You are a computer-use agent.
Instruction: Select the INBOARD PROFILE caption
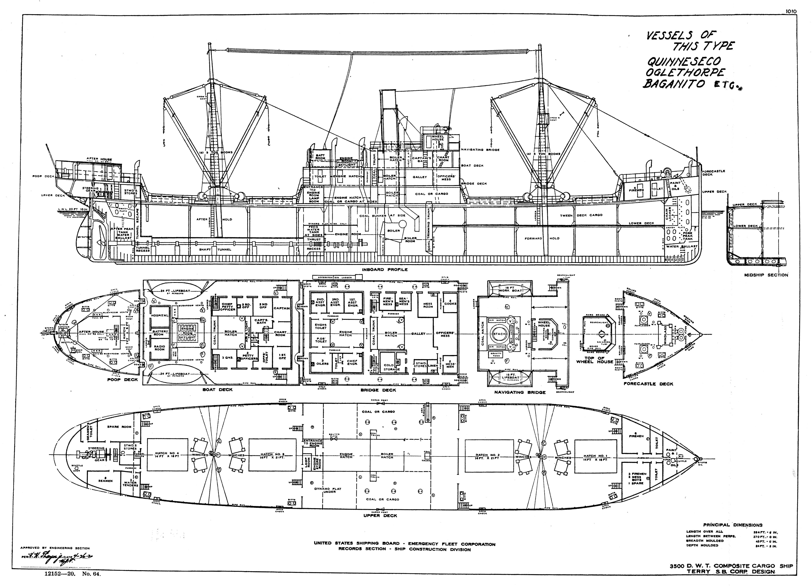[385, 270]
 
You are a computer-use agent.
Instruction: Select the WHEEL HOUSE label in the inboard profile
[438, 138]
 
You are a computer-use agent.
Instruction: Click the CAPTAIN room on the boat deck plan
[282, 308]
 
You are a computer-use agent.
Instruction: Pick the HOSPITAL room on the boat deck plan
[160, 315]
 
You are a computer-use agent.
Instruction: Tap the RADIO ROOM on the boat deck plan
[160, 348]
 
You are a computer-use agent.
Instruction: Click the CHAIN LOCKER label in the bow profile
[667, 215]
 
